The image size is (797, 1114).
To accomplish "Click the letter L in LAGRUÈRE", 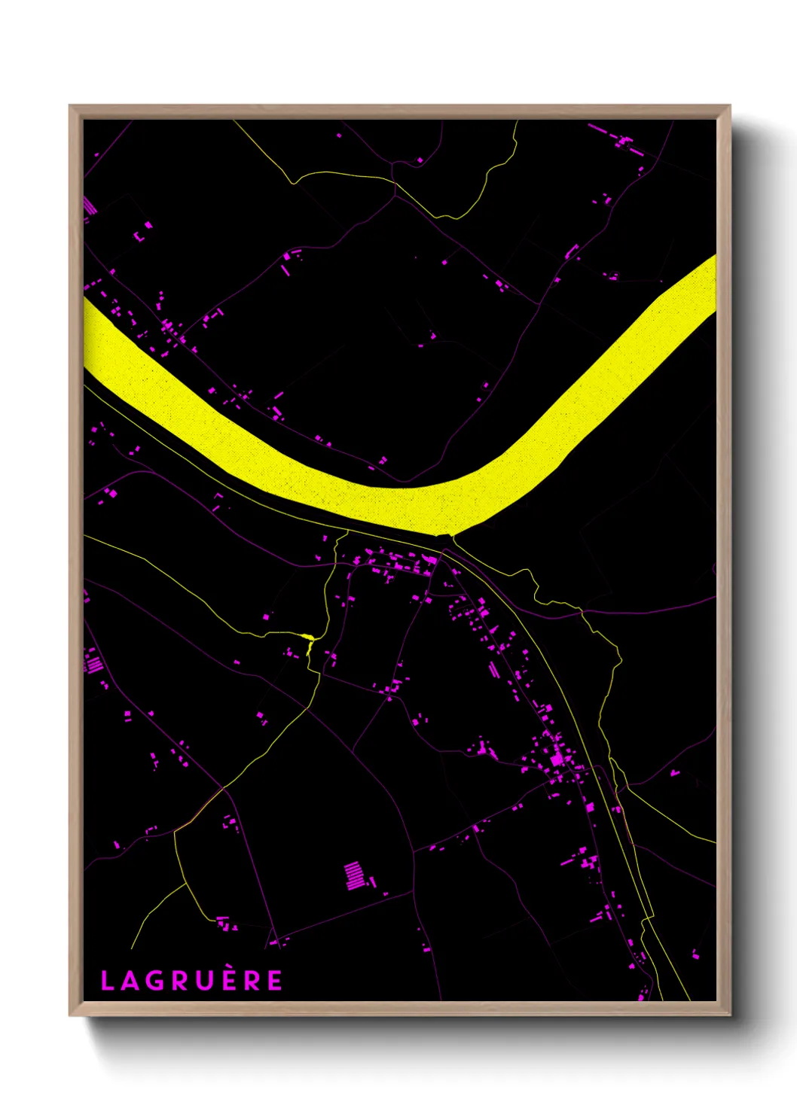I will (107, 981).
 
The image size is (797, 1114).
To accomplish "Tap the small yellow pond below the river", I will (307, 638).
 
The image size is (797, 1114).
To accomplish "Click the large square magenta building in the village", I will (557, 759).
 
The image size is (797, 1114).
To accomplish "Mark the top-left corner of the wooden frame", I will (70, 106).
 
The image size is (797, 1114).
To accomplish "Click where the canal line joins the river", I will (444, 536).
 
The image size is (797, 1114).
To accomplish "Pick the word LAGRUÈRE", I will (191, 981).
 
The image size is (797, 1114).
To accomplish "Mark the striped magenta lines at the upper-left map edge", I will (90, 205).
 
